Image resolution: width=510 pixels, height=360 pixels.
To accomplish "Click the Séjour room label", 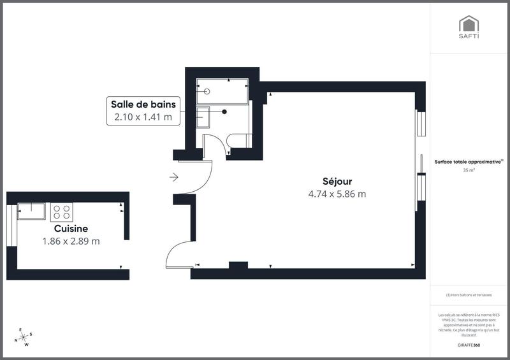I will point(337,182).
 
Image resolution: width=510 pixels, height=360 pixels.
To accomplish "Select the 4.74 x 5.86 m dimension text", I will point(337,194).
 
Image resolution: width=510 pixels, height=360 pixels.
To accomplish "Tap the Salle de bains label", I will point(143,104).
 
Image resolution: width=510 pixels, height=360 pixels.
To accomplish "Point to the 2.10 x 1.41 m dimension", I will point(143,117).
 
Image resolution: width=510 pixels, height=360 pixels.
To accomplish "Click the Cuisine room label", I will point(71,228).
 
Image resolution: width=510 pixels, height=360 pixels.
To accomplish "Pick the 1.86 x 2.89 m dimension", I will point(71,241).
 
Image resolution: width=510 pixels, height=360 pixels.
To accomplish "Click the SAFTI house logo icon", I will point(469,24).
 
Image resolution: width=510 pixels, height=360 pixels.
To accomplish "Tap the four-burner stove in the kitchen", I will point(62,212).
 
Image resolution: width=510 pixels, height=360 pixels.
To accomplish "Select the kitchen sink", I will point(31,210).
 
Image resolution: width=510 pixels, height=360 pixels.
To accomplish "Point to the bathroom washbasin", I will point(203,118).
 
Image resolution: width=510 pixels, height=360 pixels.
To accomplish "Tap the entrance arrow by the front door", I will point(174,177).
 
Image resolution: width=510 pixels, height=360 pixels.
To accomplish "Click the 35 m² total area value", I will point(469,170).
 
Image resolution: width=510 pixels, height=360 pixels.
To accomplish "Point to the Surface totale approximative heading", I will point(469,162).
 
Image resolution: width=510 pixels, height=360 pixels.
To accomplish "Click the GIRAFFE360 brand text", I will point(469,345).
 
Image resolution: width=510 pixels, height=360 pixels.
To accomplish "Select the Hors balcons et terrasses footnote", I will point(469,295).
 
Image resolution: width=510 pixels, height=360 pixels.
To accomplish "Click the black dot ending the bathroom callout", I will point(224,112).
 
